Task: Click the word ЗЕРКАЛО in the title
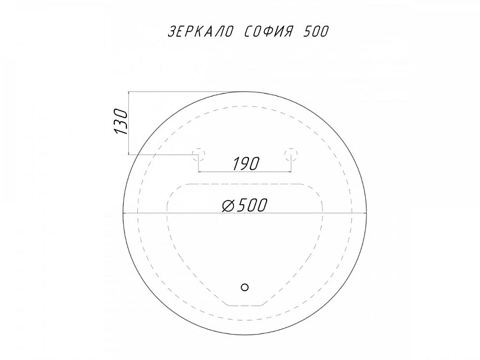click(x=201, y=31)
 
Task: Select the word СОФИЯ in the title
click(x=268, y=31)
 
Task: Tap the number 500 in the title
click(x=316, y=31)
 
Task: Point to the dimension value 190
click(x=246, y=164)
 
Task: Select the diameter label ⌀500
click(x=245, y=205)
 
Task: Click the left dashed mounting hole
click(x=198, y=153)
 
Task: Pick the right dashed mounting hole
click(x=291, y=153)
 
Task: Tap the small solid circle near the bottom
click(x=245, y=287)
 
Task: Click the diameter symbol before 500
click(x=228, y=205)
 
